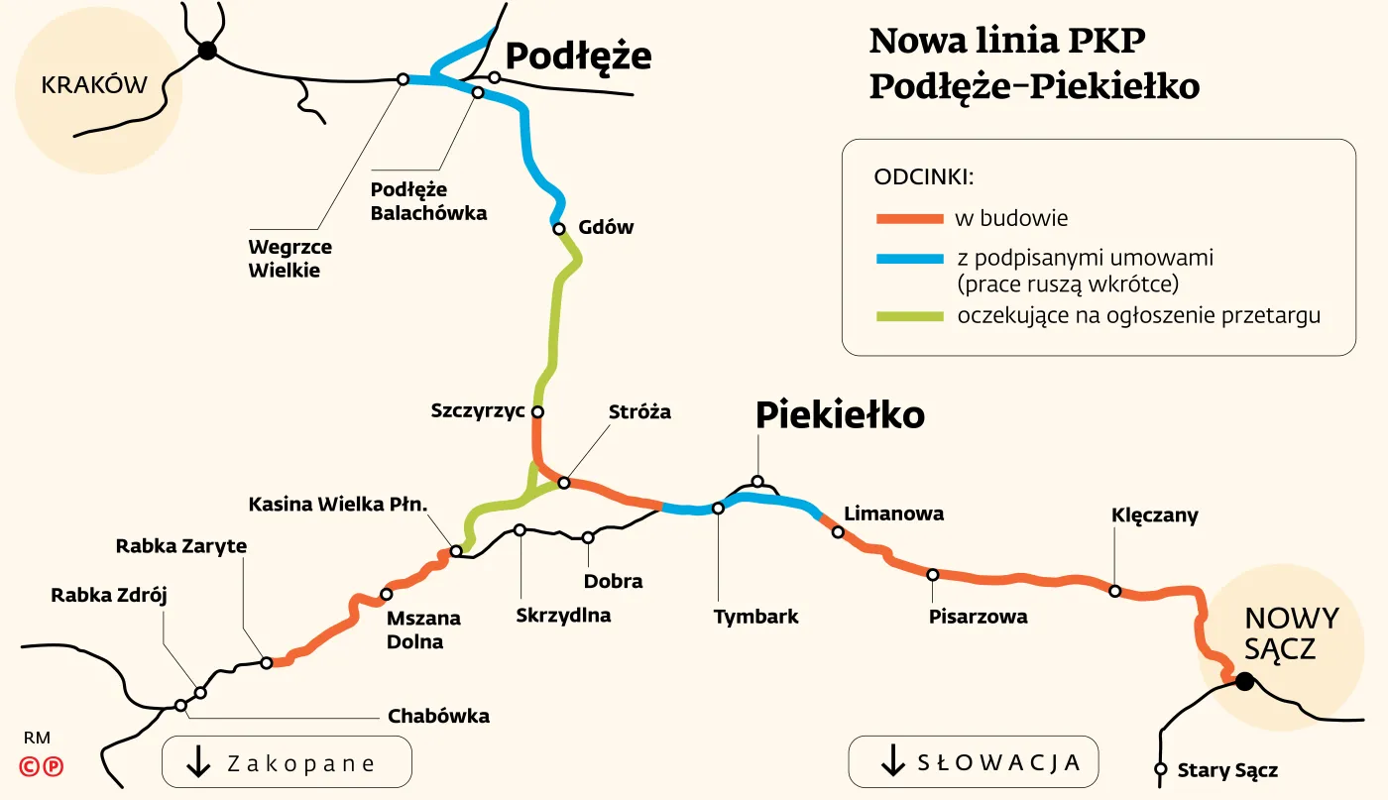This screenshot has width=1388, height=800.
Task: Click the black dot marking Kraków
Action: coord(206,51)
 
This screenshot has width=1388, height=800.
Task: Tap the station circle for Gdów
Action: coord(558,228)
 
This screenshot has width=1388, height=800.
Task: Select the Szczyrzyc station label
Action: coord(478,410)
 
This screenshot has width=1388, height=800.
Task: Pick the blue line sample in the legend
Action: coord(909,259)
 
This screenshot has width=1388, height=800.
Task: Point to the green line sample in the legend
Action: coord(909,317)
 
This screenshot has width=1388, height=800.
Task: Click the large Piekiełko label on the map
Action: coord(840,415)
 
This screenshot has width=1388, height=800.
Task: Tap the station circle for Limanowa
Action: coord(838,532)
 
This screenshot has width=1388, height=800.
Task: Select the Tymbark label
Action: coord(755,617)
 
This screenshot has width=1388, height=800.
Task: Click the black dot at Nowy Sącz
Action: coord(1244,681)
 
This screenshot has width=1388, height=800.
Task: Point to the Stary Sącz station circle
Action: coord(1160,769)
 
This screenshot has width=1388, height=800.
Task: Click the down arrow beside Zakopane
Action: coord(198,761)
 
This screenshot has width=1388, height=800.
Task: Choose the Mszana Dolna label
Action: coord(423,629)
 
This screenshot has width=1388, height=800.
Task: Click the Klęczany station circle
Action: coord(1114,591)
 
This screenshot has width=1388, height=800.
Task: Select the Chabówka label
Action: coord(438,716)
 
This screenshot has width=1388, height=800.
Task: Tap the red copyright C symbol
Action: coord(31,765)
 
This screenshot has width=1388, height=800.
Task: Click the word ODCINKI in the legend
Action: coord(924,177)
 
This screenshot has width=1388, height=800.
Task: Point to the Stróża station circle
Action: coord(564,483)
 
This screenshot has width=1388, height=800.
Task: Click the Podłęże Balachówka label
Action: coord(428,200)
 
